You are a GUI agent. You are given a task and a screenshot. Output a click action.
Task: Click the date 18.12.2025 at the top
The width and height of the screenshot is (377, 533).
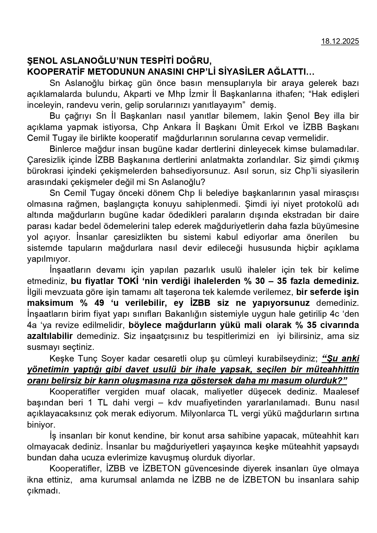click(x=340, y=42)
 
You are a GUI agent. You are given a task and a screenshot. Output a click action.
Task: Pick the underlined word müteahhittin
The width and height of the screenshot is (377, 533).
click(x=333, y=370)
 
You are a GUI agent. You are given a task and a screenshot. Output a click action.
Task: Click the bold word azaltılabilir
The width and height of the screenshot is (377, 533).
click(x=50, y=336)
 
